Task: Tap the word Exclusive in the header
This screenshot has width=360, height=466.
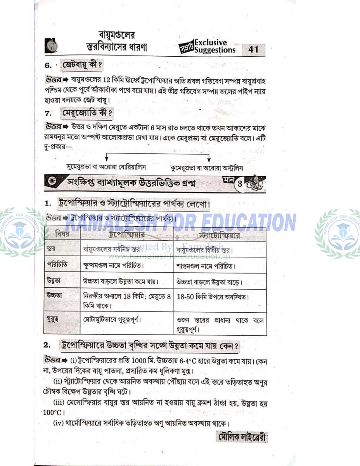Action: [x=211, y=42]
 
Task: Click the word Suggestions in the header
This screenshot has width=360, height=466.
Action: [x=215, y=50]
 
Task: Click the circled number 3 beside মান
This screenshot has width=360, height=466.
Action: [x=240, y=184]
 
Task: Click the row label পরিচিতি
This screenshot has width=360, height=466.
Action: [x=57, y=264]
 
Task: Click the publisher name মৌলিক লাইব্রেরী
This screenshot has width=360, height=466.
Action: [x=241, y=438]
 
